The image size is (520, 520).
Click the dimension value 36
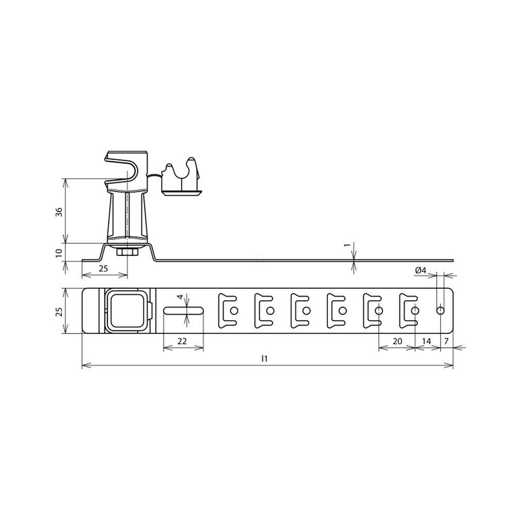click(59, 212)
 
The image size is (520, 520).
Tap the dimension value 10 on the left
click(59, 253)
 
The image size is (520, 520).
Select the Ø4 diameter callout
click(421, 271)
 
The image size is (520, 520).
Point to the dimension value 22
click(182, 341)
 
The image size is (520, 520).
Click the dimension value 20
click(397, 341)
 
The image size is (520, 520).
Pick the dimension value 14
click(426, 341)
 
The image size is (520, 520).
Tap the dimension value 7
click(446, 341)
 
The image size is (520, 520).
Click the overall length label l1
click(264, 358)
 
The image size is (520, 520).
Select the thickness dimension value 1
click(347, 245)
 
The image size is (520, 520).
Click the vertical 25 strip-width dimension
click(59, 311)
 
